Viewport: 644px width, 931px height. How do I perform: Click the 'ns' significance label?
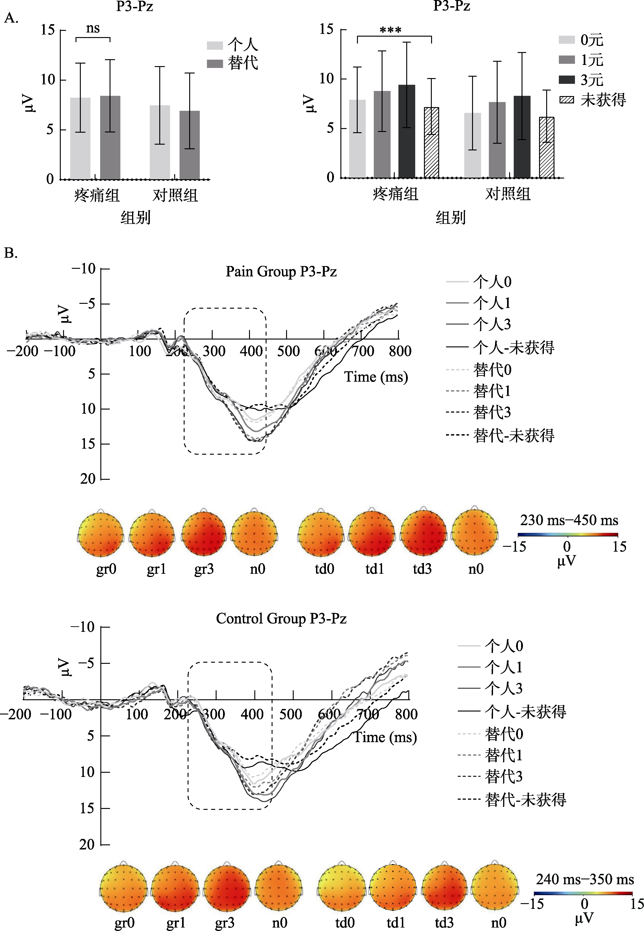coord(93,28)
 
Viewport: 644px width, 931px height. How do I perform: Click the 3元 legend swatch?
coord(566,79)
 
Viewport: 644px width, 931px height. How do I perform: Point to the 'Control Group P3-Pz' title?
coord(281,618)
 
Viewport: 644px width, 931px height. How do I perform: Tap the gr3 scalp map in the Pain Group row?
coord(204,534)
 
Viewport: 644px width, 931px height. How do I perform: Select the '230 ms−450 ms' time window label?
coord(569,520)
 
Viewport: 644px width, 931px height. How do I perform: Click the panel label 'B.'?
coord(11,253)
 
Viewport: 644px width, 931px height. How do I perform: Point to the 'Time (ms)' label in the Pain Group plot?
coord(376,377)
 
